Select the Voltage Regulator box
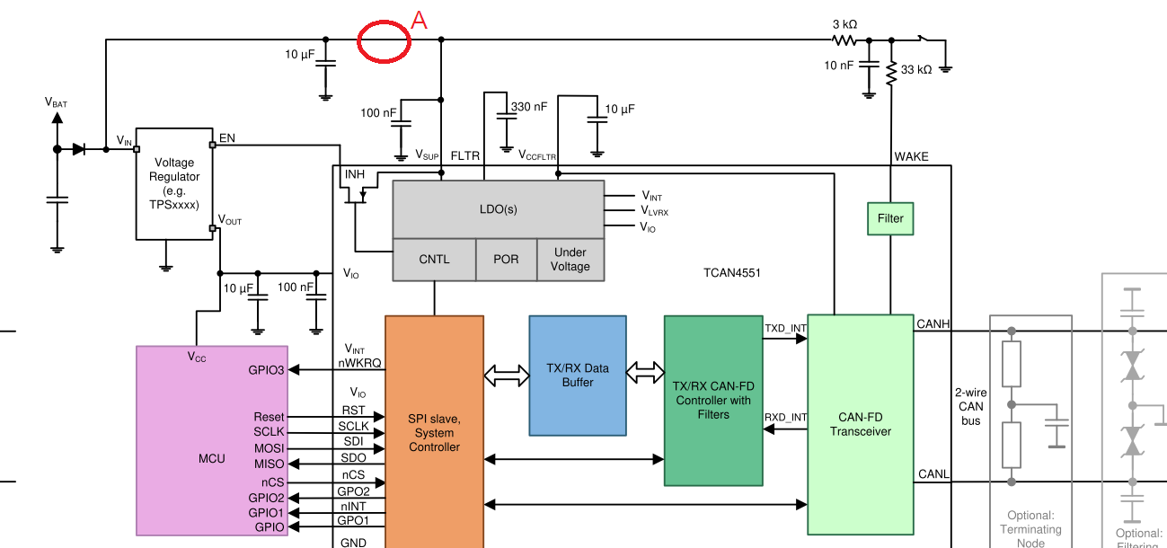(174, 184)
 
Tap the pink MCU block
(212, 441)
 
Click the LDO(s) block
(498, 209)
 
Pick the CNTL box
(434, 260)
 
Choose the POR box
(506, 260)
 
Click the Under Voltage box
(570, 260)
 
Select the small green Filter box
(890, 219)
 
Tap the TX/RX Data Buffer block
(578, 376)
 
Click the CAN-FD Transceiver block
(861, 425)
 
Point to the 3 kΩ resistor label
(844, 24)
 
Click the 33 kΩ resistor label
(916, 70)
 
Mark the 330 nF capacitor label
(529, 107)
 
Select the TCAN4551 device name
(732, 273)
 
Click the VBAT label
(56, 102)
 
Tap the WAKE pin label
(911, 157)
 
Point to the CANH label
(933, 324)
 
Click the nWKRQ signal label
(359, 363)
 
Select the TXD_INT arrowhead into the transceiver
(801, 339)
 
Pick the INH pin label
(355, 174)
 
